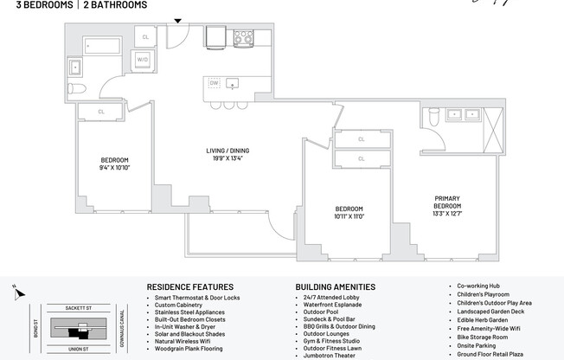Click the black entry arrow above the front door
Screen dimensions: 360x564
178,21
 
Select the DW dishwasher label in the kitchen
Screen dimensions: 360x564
214,84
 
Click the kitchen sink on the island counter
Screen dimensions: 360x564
232,84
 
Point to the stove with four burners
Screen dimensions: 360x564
244,37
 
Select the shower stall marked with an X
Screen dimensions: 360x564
494,128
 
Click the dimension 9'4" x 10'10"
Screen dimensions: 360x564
114,168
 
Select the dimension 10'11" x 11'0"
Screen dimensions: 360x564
349,218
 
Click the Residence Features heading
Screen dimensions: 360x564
189,286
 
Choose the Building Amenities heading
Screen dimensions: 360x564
336,286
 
